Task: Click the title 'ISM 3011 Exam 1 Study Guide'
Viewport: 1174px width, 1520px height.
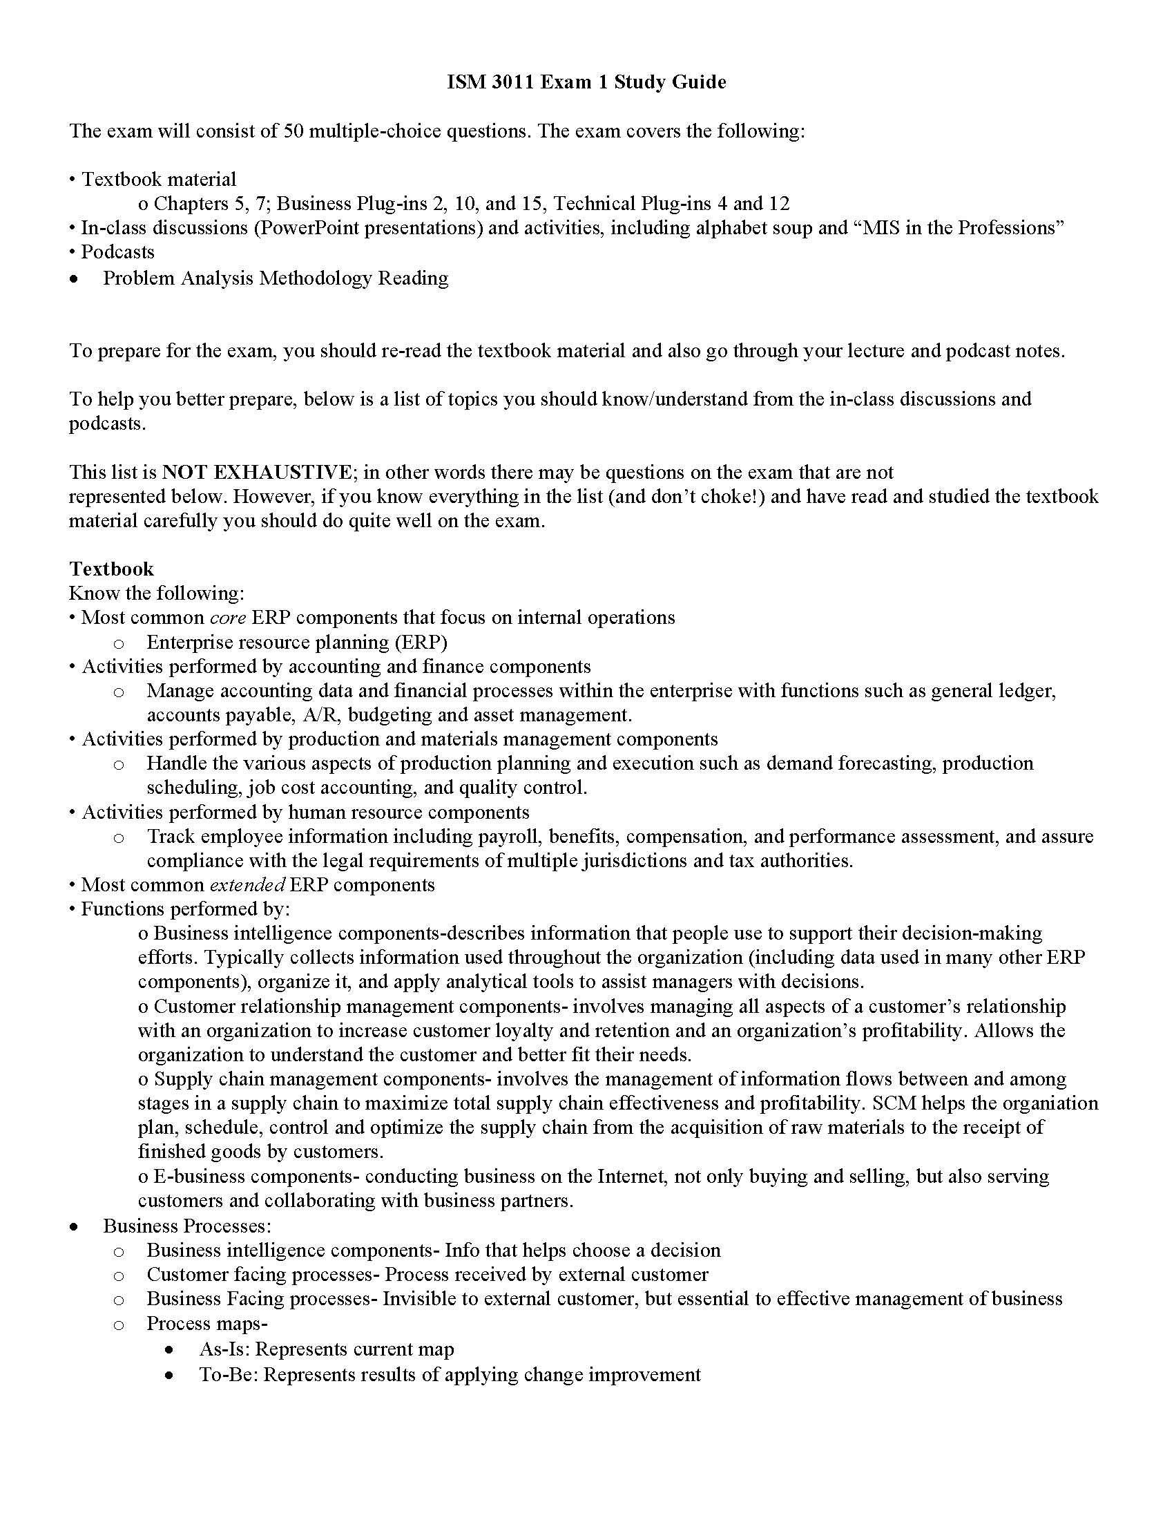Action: click(x=586, y=82)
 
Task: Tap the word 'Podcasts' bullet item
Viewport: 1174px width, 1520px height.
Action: click(x=117, y=252)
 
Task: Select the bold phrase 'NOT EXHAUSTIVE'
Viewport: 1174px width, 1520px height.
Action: click(x=257, y=473)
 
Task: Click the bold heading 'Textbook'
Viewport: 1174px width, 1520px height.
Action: click(x=111, y=569)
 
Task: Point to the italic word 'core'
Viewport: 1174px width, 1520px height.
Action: click(x=227, y=617)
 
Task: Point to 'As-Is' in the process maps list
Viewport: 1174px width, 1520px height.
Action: click(x=224, y=1349)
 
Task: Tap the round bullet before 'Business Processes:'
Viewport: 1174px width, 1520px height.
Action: click(x=75, y=1226)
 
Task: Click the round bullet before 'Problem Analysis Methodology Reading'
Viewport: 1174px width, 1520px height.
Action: click(x=75, y=279)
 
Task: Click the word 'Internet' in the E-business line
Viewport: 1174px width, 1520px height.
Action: click(x=628, y=1176)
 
